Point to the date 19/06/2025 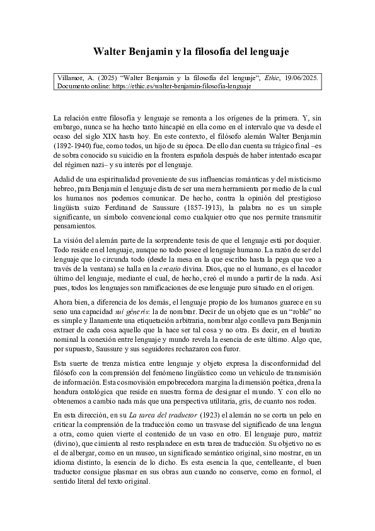(302, 78)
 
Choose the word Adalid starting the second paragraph (64, 180)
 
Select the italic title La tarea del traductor (159, 416)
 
